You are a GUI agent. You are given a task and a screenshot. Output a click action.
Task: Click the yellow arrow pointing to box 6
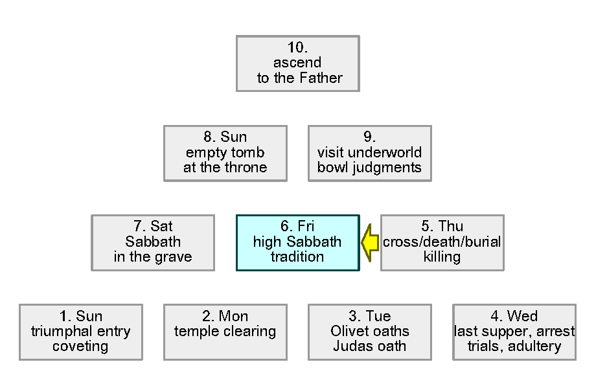pos(370,242)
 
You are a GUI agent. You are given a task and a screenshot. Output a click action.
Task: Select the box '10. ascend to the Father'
pos(297,63)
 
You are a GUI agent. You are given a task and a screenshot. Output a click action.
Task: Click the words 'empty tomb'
pos(225,153)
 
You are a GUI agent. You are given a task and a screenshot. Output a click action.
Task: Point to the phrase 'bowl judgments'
pos(369,168)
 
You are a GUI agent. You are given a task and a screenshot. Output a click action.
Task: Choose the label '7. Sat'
pos(153,227)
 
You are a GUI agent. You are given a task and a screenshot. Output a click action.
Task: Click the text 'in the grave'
pos(153,257)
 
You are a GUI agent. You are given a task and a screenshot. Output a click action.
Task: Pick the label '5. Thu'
pos(442,227)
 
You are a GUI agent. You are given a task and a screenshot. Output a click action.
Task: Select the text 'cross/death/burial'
pos(442,242)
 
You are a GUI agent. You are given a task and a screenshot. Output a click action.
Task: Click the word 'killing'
pos(442,257)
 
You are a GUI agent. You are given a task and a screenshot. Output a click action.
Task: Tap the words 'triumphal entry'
pos(80,332)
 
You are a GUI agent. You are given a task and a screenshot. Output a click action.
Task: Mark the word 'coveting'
pos(80,346)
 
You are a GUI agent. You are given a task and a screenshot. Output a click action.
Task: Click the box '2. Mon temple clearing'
pos(225,332)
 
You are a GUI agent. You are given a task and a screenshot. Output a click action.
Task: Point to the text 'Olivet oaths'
pos(369,332)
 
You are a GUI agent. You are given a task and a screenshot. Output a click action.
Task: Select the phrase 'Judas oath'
pos(369,346)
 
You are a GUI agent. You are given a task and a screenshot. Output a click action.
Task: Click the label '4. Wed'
pos(514,316)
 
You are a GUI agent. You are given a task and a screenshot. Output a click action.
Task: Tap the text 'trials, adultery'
pos(514,346)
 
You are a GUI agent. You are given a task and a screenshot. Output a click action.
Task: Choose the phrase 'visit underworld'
pos(369,153)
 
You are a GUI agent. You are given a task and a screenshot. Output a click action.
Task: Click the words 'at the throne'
pos(225,168)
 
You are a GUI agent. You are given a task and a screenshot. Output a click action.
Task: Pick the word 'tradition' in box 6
pos(297,257)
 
